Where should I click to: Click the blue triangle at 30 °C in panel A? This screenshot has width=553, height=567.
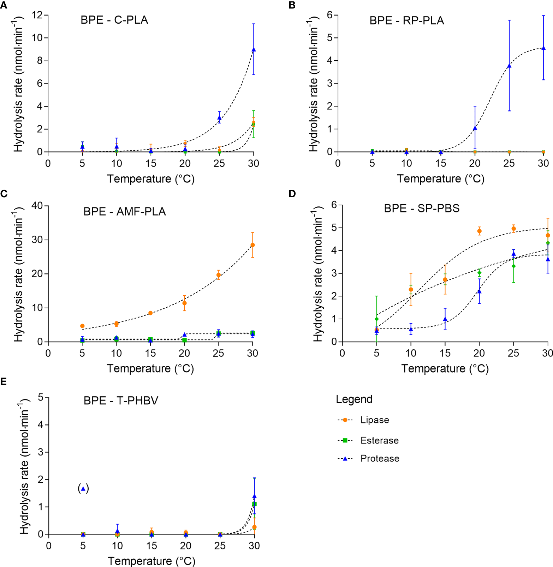click(254, 50)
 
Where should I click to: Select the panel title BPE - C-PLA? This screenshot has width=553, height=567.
click(114, 20)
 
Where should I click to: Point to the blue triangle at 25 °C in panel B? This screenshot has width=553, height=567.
click(509, 66)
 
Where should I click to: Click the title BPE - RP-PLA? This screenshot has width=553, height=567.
click(406, 20)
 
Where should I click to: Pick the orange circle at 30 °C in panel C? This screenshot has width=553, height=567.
click(252, 245)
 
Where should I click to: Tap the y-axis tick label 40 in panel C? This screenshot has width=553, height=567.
click(37, 206)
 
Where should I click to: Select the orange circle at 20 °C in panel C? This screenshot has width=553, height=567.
click(184, 303)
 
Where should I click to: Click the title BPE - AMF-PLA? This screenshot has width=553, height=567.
click(124, 211)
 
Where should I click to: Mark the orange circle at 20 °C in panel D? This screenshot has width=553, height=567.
click(479, 231)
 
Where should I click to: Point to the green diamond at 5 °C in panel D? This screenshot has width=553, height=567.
click(376, 319)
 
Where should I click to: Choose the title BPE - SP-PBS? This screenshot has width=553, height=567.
click(422, 208)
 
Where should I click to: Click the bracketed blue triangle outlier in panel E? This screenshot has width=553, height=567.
click(83, 489)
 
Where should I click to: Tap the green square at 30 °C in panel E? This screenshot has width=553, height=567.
click(254, 504)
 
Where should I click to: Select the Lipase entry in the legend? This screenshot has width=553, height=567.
click(374, 420)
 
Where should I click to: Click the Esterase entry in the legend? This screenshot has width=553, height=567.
click(379, 440)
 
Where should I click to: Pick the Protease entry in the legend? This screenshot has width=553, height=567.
click(380, 458)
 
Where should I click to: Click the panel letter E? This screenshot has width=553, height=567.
click(4, 382)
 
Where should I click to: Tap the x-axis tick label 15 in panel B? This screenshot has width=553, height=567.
click(440, 163)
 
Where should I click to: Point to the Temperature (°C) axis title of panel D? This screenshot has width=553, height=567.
click(445, 368)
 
